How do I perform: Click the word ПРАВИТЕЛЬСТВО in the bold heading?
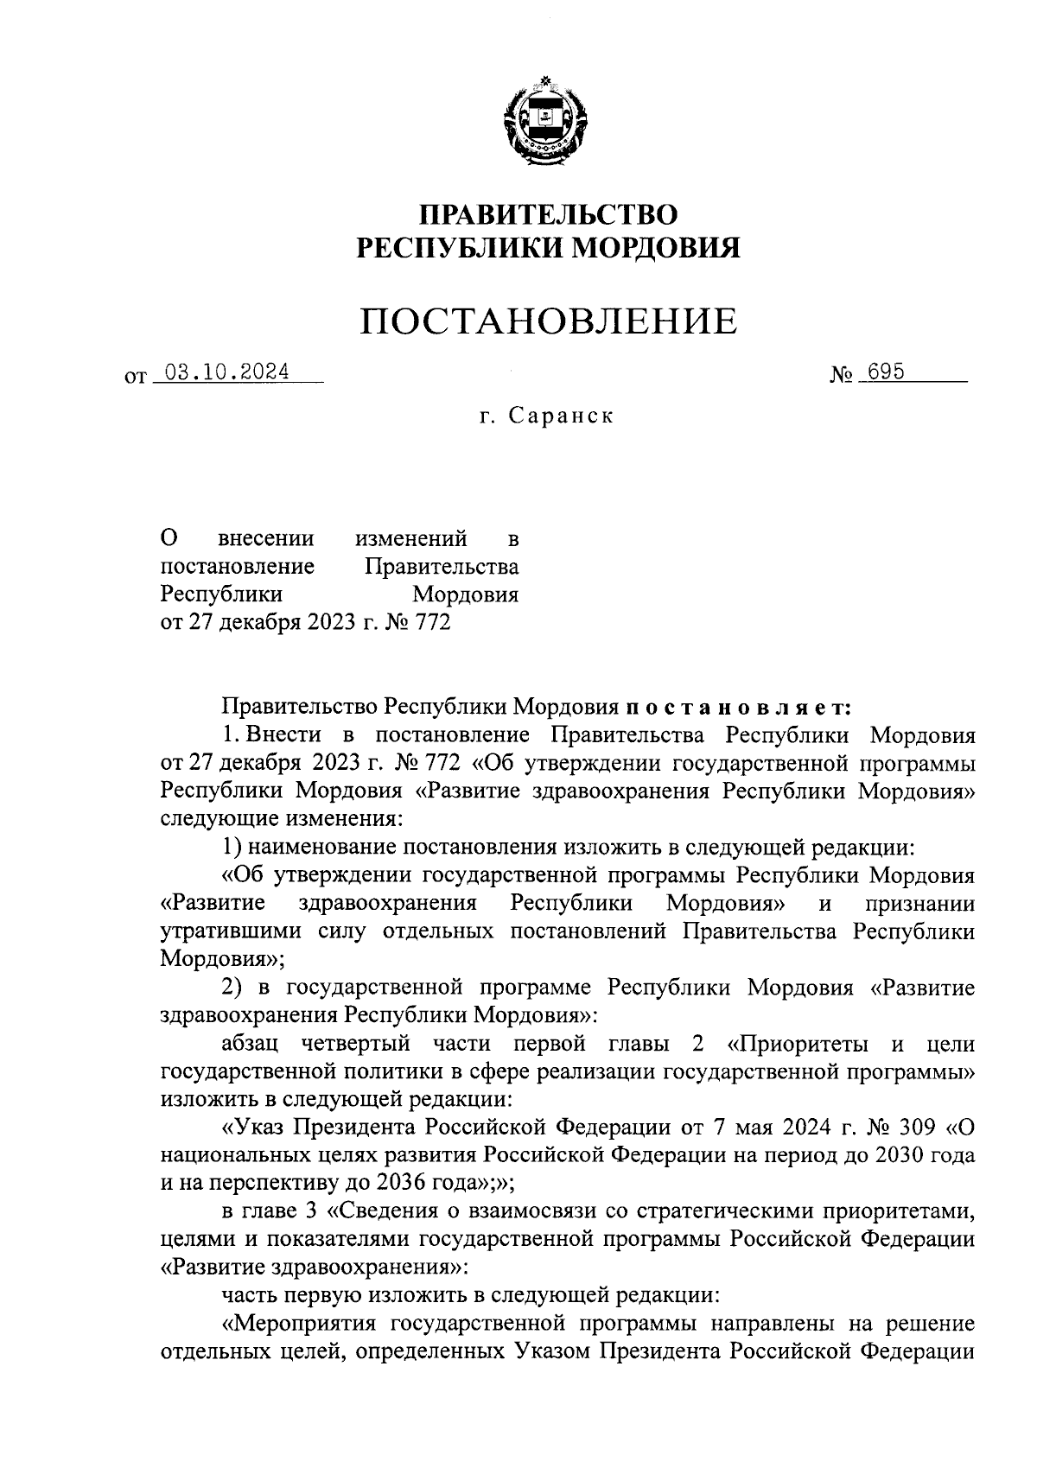[548, 213]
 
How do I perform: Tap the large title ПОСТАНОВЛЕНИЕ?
[549, 321]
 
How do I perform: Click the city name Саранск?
[561, 416]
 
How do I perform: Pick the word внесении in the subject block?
[266, 539]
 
